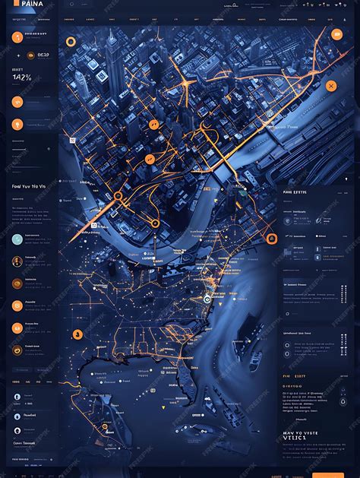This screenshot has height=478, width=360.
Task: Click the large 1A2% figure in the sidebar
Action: [22, 77]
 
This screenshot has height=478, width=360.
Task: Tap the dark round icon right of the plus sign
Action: [30, 55]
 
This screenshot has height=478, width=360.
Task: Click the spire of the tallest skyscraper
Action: [111, 33]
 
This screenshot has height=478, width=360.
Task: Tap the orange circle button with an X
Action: [330, 86]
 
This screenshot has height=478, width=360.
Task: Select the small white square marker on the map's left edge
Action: [72, 140]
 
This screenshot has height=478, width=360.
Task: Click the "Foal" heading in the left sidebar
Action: [17, 185]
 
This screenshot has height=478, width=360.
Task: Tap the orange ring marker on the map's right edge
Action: [270, 239]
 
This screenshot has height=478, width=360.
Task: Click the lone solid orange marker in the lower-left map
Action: [77, 334]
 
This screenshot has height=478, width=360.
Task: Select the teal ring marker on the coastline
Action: [207, 299]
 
